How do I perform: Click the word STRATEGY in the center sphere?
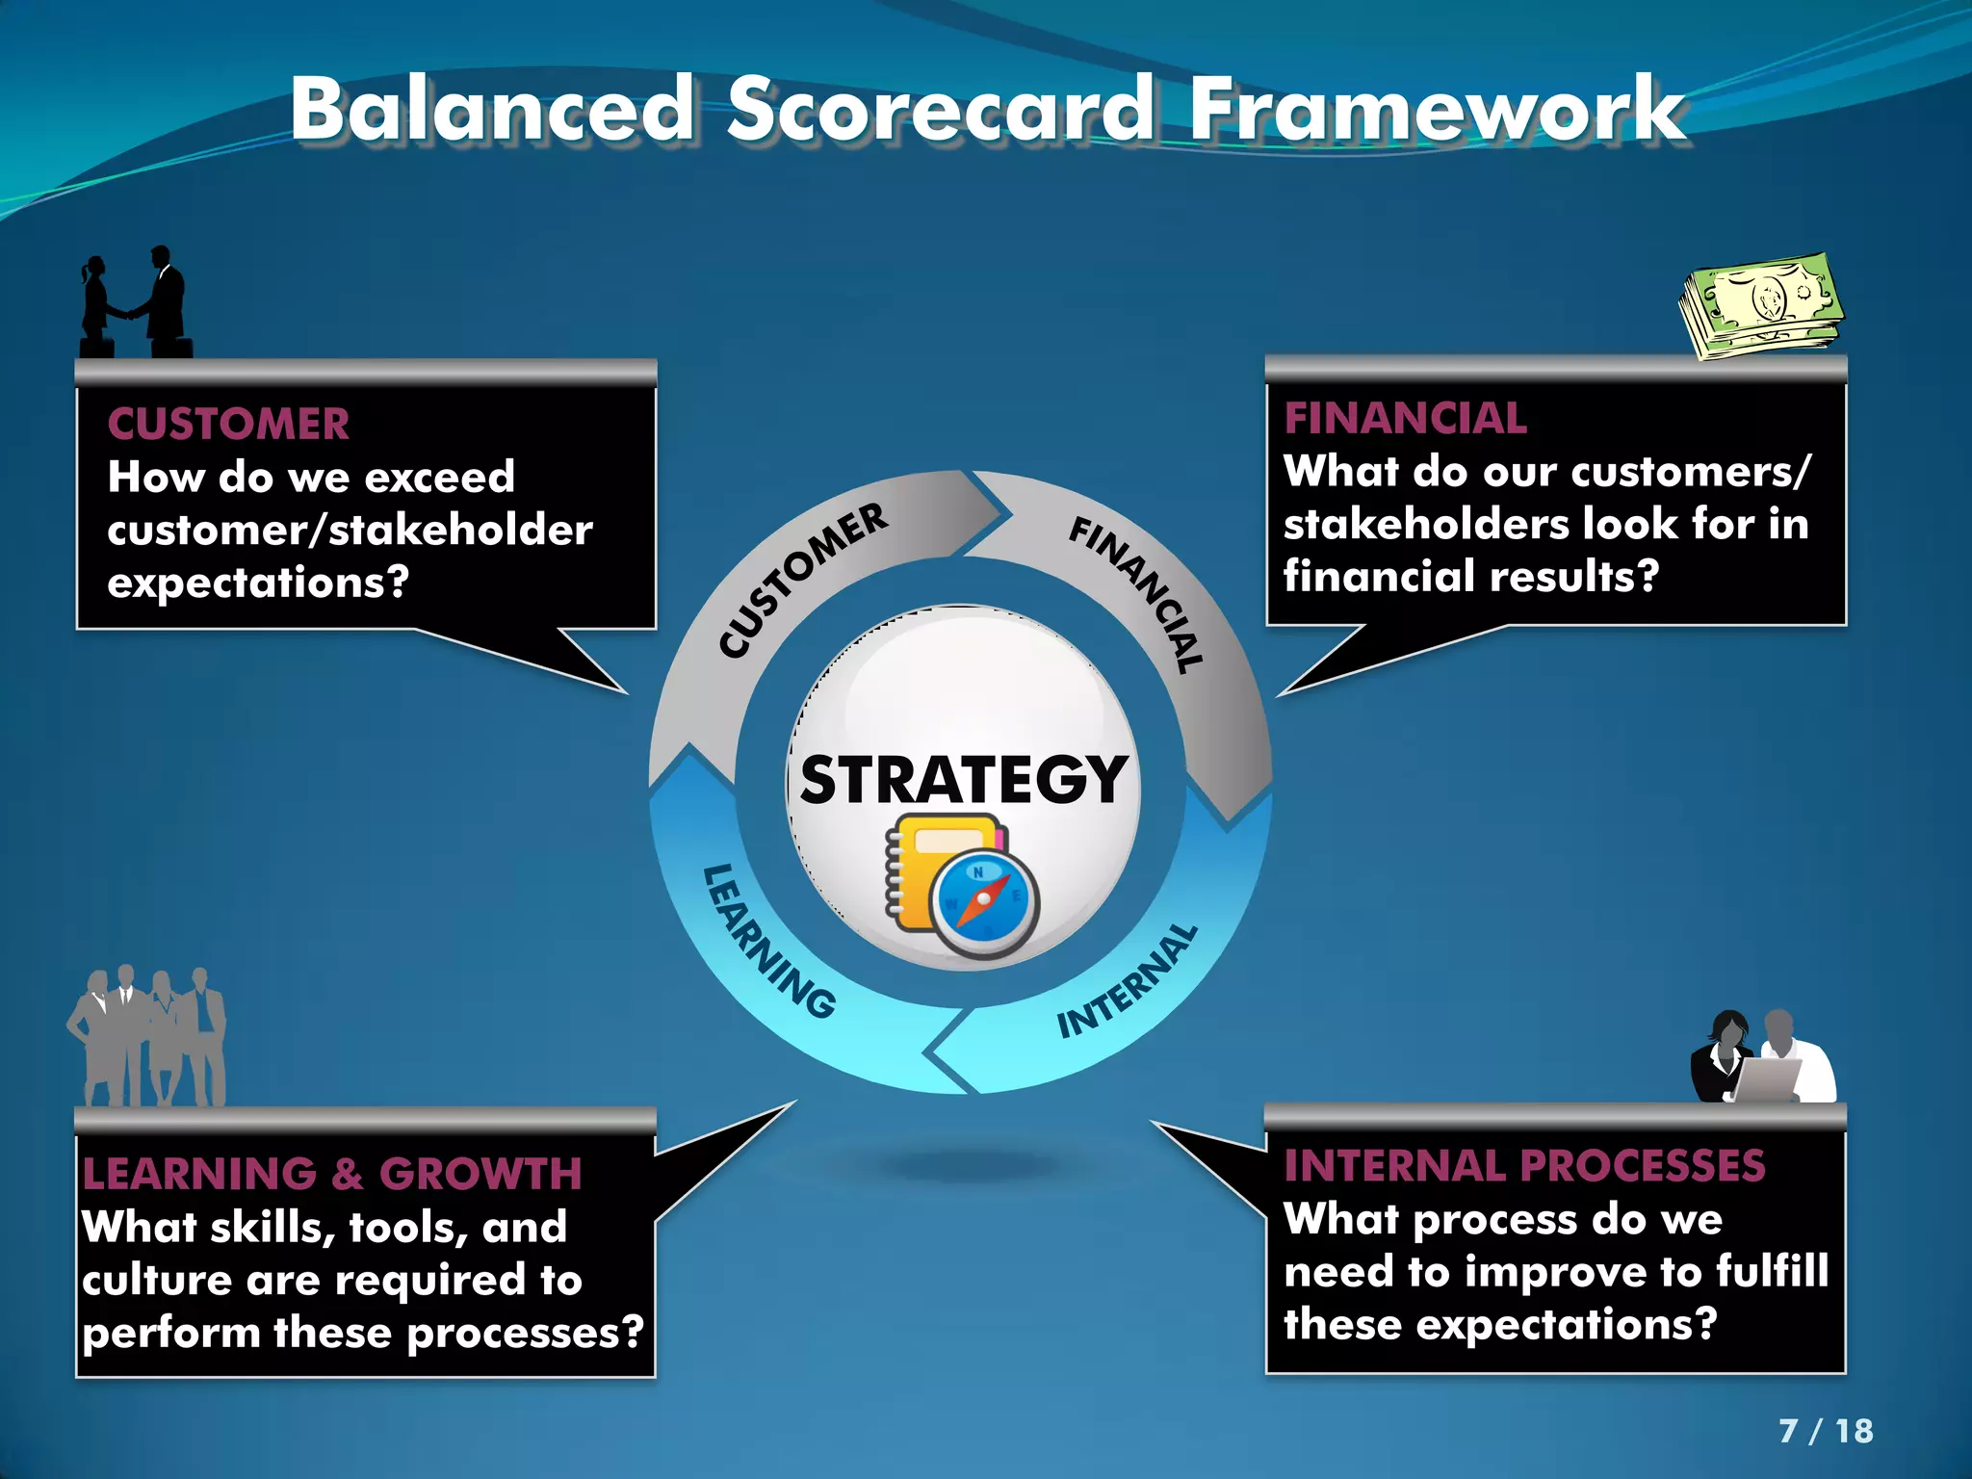point(963,779)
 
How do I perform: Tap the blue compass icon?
point(985,902)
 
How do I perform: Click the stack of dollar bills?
point(1762,306)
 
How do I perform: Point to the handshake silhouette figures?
point(135,303)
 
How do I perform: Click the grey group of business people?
point(146,1038)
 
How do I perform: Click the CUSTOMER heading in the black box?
point(228,424)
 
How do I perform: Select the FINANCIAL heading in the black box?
point(1405,418)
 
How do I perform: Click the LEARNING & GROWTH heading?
point(332,1173)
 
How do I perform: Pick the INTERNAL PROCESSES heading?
point(1524,1165)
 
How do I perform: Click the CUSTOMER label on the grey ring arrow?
point(802,580)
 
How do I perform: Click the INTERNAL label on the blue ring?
point(1128,982)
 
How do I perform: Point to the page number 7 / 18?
point(1825,1430)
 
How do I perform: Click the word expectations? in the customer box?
point(258,583)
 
